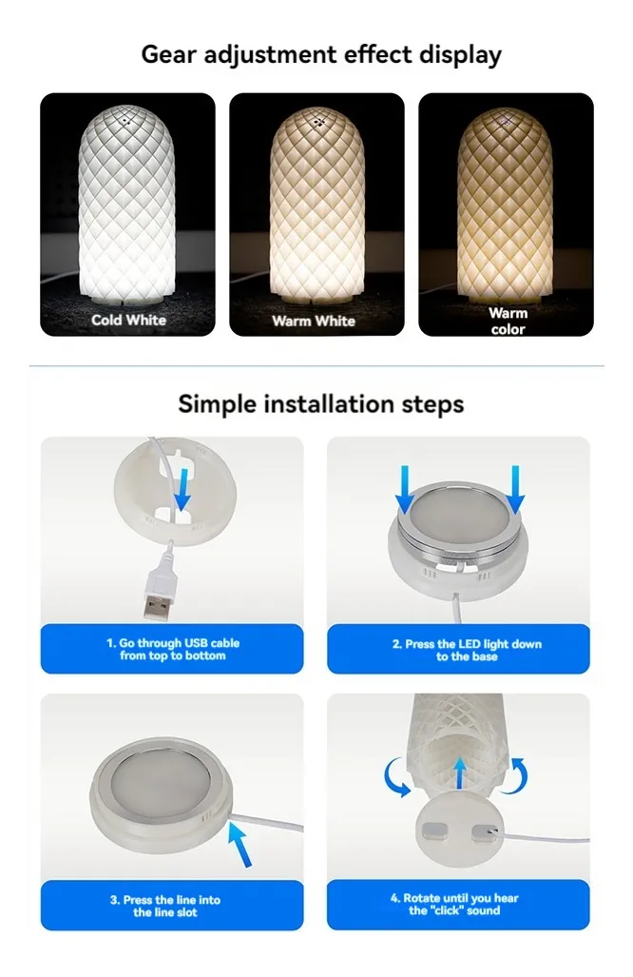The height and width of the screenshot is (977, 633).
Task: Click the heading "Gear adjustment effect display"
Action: (321, 55)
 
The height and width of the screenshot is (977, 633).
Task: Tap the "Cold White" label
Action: (129, 320)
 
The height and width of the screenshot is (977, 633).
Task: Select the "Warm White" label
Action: (314, 321)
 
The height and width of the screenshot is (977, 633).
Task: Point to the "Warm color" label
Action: (508, 321)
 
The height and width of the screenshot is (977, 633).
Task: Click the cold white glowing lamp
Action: (127, 204)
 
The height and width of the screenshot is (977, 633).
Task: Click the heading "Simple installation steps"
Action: (321, 404)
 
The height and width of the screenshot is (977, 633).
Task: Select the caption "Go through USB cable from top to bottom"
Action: (173, 649)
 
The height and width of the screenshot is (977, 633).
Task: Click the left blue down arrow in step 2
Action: (405, 490)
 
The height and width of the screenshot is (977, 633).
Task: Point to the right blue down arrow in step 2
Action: (515, 490)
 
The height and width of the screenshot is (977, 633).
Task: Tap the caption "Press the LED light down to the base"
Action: (467, 650)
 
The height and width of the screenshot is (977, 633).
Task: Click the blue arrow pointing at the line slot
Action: (240, 844)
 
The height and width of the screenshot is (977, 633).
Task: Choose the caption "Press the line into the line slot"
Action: (165, 906)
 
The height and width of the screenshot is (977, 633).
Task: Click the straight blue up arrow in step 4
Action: (459, 773)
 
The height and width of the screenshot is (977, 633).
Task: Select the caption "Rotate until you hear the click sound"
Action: (454, 904)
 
